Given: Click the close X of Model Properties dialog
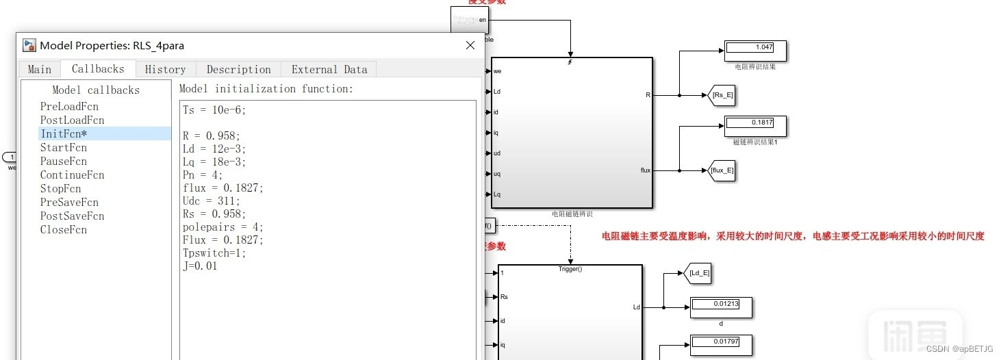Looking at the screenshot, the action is click(470, 45).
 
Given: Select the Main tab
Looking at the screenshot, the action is click(40, 69).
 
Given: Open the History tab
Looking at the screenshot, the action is click(165, 69).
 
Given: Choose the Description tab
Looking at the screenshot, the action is click(238, 69).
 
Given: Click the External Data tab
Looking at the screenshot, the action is click(329, 69).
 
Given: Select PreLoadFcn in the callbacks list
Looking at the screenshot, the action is click(69, 106).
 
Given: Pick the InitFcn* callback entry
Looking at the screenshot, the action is click(64, 133).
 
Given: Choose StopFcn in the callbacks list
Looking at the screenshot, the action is click(60, 188).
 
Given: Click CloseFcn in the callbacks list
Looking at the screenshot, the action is click(64, 229).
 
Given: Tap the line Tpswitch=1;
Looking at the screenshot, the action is click(214, 253).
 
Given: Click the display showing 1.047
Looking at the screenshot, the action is click(754, 48).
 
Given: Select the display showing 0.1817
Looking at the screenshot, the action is click(754, 123).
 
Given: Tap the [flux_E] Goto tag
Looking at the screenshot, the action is click(721, 170).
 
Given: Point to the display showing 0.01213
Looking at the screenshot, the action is click(720, 305).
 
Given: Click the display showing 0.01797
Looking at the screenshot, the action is click(720, 342).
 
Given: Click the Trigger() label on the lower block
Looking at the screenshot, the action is click(570, 269).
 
